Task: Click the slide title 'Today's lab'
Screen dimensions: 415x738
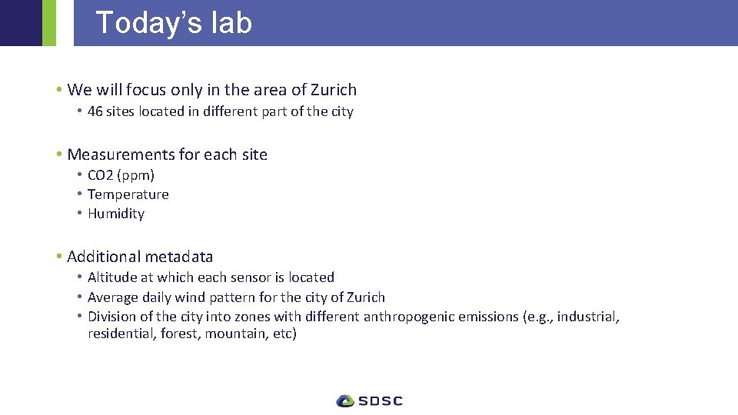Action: point(174,23)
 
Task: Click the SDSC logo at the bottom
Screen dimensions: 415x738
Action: point(369,400)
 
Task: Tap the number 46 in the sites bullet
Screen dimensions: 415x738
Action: point(95,111)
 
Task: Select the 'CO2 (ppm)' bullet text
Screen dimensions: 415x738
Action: point(121,175)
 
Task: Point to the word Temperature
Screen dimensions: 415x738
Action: point(128,194)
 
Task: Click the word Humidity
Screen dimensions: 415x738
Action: point(115,214)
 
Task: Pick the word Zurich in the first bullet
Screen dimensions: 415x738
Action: point(334,90)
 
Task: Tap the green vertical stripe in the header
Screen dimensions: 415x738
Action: point(48,23)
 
